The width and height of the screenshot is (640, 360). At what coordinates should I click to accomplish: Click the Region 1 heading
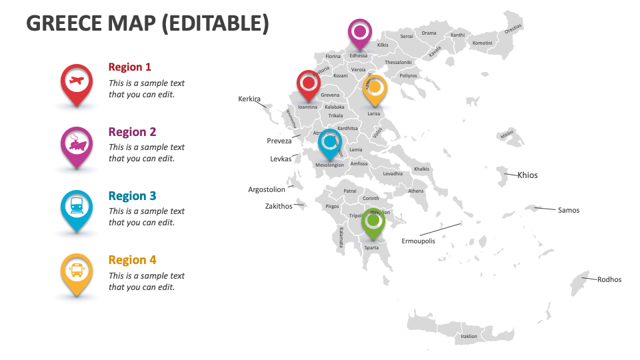[x=129, y=67]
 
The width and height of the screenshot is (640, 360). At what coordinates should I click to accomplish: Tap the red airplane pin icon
[x=77, y=82]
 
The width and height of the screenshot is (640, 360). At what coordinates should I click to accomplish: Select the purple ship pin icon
[x=77, y=144]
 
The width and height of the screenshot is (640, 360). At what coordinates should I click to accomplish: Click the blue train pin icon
[x=77, y=207]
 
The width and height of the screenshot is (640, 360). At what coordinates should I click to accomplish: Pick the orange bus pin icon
[x=77, y=271]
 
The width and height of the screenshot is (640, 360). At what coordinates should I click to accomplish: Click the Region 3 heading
[x=132, y=196]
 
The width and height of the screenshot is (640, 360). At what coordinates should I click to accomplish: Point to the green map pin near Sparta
[x=373, y=221]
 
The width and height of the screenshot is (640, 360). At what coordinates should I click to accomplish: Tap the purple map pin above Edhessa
[x=360, y=32]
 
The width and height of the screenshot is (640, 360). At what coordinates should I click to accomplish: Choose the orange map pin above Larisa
[x=375, y=89]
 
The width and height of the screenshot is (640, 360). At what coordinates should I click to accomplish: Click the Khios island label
[x=528, y=175]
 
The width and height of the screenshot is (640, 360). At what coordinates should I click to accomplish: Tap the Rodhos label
[x=609, y=279]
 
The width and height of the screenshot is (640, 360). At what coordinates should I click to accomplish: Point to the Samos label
[x=569, y=211]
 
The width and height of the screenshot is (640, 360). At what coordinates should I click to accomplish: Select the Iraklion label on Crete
[x=469, y=336]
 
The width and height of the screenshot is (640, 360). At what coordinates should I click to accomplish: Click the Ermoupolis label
[x=418, y=241]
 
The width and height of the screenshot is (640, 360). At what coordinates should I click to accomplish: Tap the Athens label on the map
[x=416, y=191]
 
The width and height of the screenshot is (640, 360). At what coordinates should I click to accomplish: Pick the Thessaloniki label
[x=399, y=62]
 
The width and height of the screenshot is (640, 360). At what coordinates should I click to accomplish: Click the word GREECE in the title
[x=64, y=23]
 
